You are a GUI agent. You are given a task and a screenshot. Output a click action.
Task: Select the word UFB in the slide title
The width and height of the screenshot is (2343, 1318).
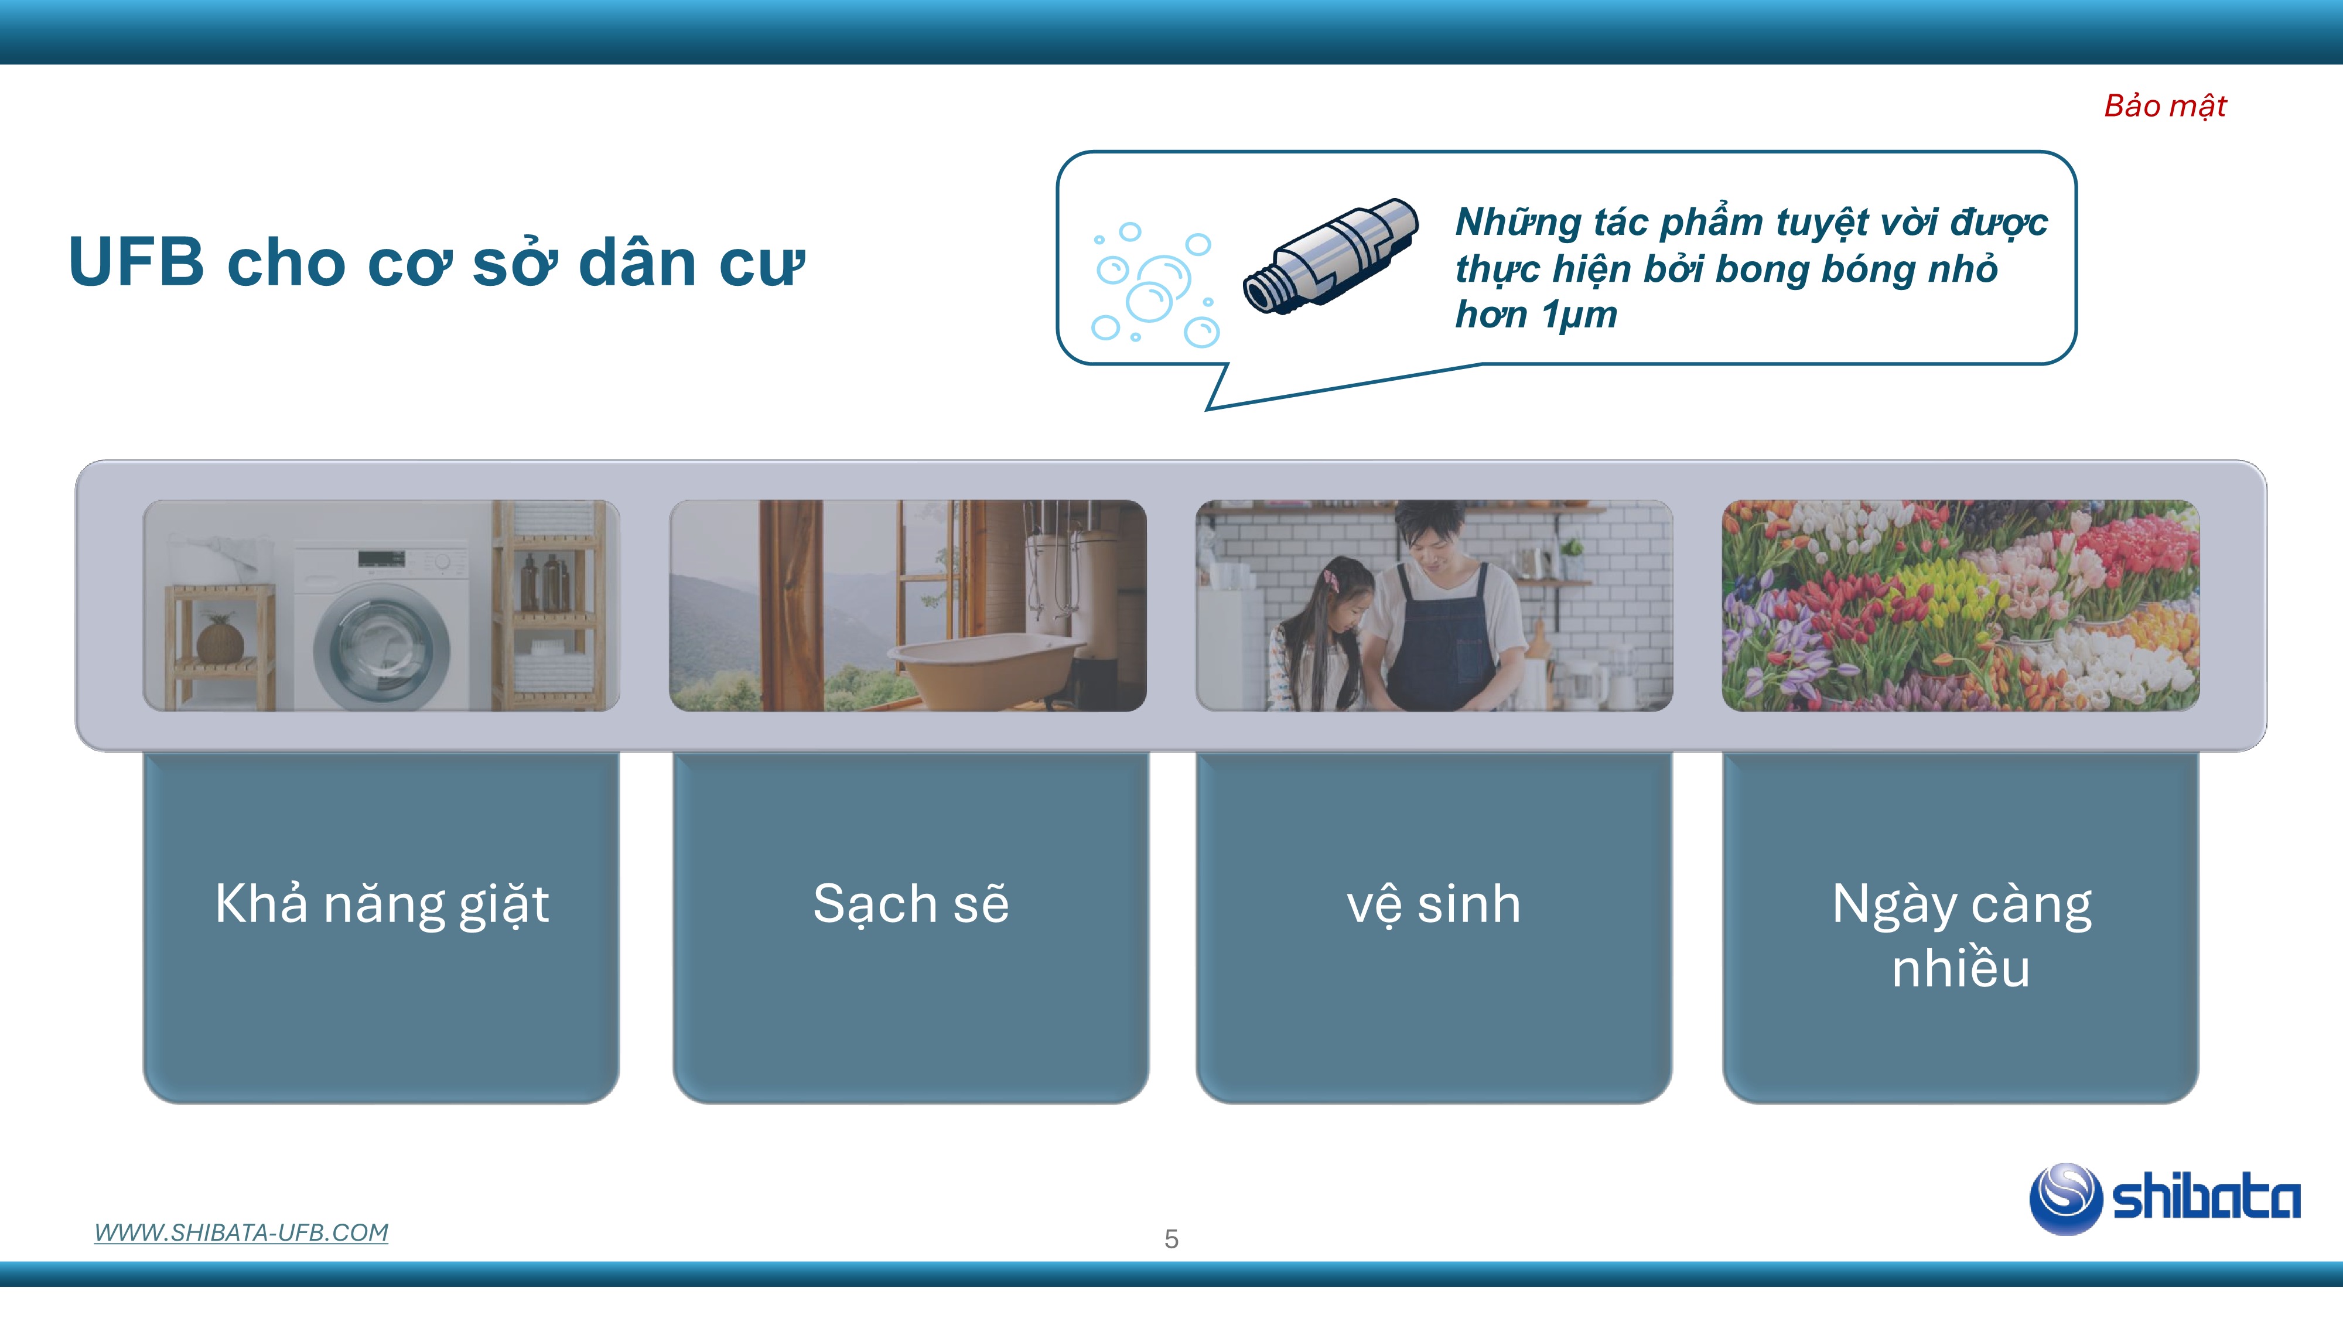[x=136, y=262]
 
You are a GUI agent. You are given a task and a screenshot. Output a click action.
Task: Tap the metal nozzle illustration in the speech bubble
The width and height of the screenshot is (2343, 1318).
[x=1330, y=257]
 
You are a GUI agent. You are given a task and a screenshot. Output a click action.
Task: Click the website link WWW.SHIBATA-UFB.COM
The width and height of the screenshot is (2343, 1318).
[x=241, y=1232]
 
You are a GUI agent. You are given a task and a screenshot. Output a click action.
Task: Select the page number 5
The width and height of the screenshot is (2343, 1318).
[x=1171, y=1239]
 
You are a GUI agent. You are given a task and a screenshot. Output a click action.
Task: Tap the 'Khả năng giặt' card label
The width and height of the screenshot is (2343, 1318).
[x=382, y=904]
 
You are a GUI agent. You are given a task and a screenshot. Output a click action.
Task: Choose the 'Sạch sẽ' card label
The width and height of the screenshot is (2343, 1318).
[x=910, y=903]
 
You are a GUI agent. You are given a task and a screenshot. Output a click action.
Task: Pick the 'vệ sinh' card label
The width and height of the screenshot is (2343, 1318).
[x=1433, y=904]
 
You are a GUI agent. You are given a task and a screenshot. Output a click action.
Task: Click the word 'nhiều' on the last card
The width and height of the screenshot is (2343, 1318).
[x=1961, y=967]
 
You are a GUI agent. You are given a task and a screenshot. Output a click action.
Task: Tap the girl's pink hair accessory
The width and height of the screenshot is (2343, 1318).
[x=1329, y=579]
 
